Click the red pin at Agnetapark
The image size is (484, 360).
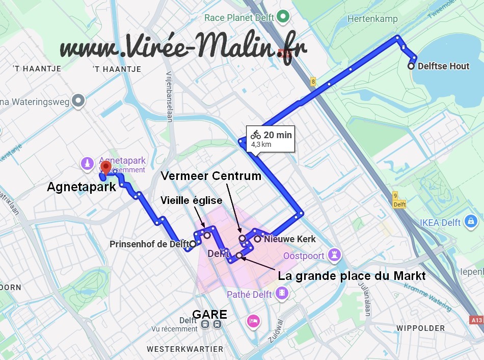pos(105,167)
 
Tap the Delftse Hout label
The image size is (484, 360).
pos(443,66)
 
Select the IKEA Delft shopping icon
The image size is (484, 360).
pos(472,222)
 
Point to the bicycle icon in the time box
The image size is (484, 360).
pos(256,135)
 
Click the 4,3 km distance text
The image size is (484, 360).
pos(261,145)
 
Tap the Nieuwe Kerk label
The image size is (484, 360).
pos(290,239)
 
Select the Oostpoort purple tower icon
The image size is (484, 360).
pos(335,255)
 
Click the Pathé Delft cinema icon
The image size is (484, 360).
pos(281,294)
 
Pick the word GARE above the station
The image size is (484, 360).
pos(209,314)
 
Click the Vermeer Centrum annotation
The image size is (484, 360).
pos(211,176)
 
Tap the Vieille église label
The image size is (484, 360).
pos(191,200)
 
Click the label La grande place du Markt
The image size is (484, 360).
pos(352,276)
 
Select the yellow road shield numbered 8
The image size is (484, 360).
pos(313,82)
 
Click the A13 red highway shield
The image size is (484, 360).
pos(476,320)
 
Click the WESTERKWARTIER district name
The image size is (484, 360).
pos(185,349)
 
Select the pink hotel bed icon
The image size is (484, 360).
pos(253,321)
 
